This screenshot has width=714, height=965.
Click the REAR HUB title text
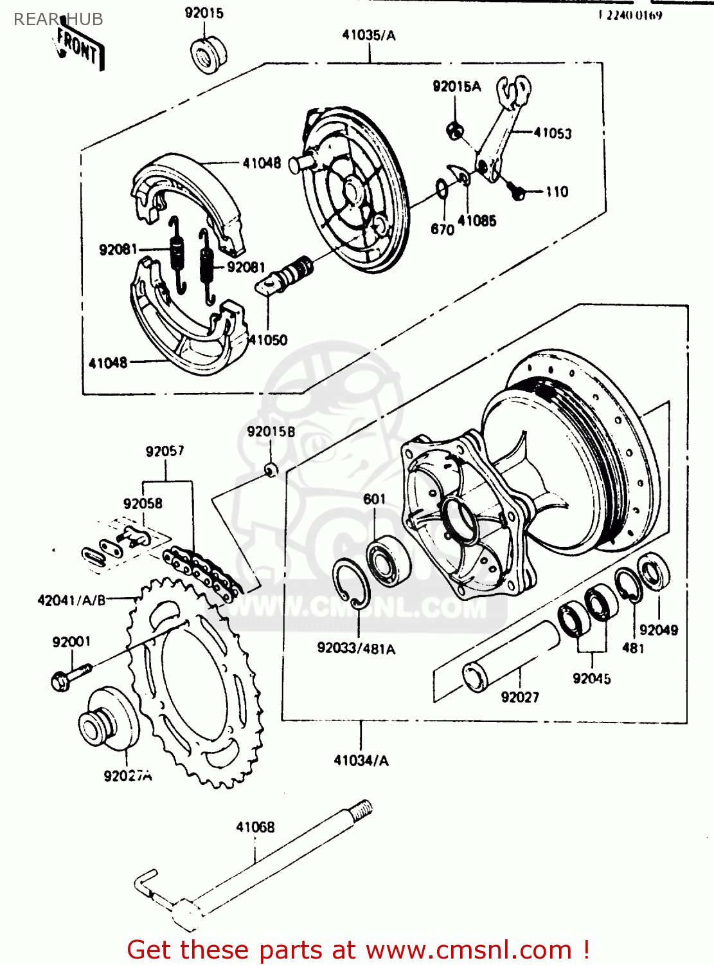(58, 19)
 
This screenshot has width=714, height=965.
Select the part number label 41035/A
(369, 35)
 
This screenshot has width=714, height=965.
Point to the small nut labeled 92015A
(455, 130)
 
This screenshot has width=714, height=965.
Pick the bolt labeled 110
(517, 190)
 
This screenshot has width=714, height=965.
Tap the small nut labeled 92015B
(272, 469)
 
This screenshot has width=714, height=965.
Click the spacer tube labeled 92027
(511, 656)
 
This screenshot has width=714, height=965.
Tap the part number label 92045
(591, 679)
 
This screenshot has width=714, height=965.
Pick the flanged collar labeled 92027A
(109, 719)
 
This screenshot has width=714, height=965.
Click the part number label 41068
(255, 827)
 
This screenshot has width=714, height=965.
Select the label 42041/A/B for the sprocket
(71, 600)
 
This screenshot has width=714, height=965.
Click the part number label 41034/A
(361, 760)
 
